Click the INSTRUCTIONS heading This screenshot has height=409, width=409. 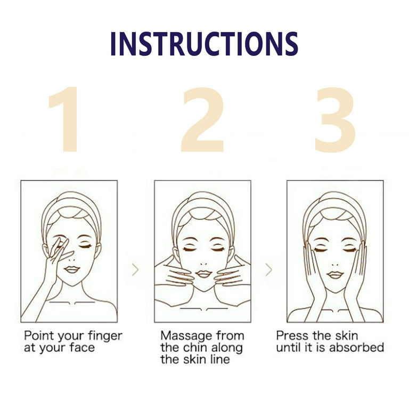click(x=204, y=44)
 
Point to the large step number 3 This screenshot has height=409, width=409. click(x=335, y=120)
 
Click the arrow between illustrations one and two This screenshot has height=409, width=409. click(x=135, y=269)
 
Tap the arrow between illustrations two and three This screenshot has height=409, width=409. click(x=268, y=269)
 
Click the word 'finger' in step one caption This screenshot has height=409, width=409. click(x=105, y=337)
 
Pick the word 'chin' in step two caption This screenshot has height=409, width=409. click(x=195, y=348)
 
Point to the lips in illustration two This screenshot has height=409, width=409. click(x=203, y=274)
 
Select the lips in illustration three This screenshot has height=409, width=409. click(x=335, y=275)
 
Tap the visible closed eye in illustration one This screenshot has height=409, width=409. click(x=86, y=246)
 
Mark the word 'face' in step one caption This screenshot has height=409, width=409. click(x=82, y=348)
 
